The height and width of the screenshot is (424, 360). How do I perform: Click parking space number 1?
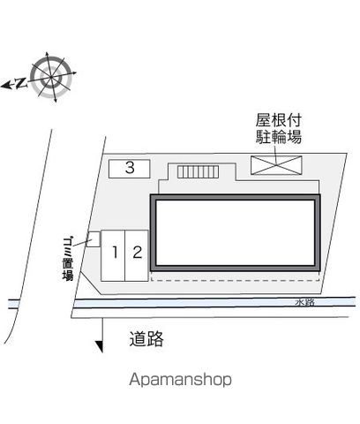[113, 256]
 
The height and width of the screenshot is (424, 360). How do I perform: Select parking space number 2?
[137, 256]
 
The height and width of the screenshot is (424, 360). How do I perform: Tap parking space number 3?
[130, 169]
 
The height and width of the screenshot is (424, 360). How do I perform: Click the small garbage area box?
[94, 239]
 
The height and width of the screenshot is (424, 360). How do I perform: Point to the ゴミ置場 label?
[68, 258]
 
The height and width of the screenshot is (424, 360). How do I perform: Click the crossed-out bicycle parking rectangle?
[276, 165]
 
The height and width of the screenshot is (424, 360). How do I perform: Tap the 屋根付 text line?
[278, 120]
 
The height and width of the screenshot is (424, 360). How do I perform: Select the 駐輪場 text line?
[278, 137]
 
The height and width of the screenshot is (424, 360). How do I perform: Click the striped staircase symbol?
[198, 171]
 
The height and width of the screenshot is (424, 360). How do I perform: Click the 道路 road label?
[146, 338]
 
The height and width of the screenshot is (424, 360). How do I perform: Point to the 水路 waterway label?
[305, 302]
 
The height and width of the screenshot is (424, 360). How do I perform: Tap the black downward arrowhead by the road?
[99, 346]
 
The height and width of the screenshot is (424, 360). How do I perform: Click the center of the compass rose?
[51, 77]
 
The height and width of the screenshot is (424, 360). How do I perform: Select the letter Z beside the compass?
[20, 83]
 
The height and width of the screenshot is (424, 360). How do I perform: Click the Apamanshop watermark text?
[180, 380]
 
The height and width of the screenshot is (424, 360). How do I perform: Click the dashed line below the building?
[235, 280]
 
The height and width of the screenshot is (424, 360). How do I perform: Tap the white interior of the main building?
[235, 232]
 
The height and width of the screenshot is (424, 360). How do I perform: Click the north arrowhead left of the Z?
[5, 86]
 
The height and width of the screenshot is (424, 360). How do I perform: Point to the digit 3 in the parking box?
[130, 168]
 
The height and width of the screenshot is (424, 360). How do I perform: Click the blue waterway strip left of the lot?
[13, 304]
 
